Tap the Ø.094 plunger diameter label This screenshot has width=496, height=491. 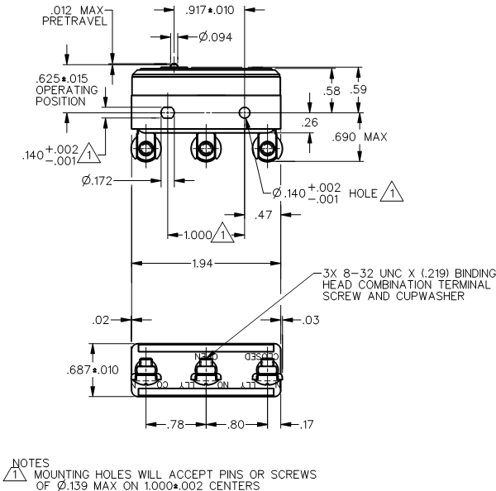point(216,36)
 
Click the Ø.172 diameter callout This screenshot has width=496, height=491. point(97,179)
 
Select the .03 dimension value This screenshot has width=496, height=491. point(312,319)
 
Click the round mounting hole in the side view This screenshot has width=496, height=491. point(244,112)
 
